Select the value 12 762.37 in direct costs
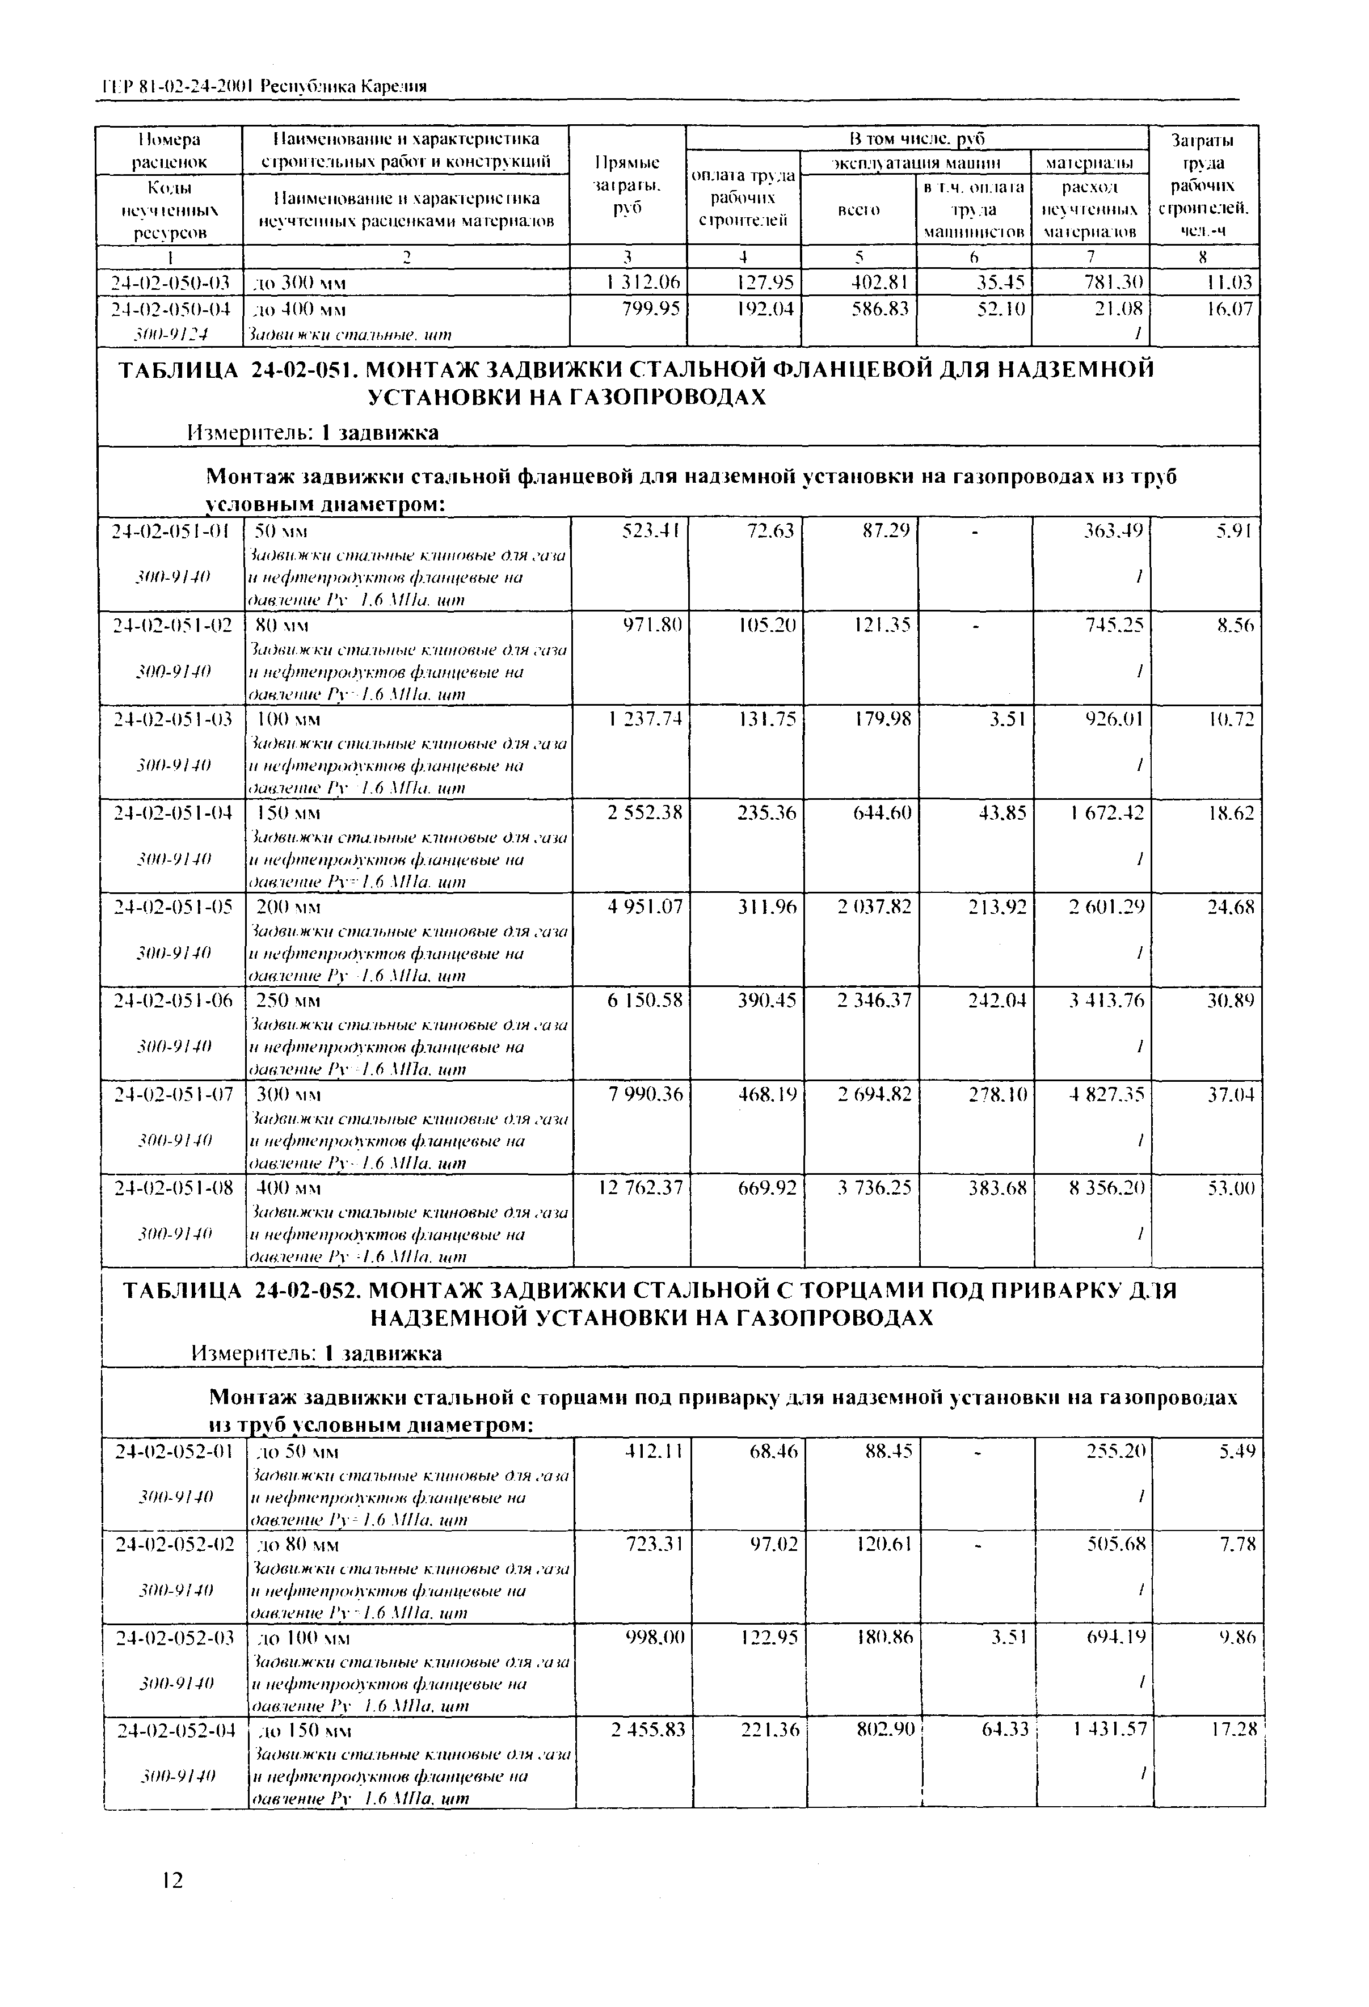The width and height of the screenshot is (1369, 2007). coord(639,1188)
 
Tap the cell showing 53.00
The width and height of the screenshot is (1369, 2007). coord(1231,1188)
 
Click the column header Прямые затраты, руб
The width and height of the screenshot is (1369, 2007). coord(628,185)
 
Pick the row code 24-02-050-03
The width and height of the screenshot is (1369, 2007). coord(169,283)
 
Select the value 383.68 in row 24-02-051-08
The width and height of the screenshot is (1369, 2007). coord(997,1188)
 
